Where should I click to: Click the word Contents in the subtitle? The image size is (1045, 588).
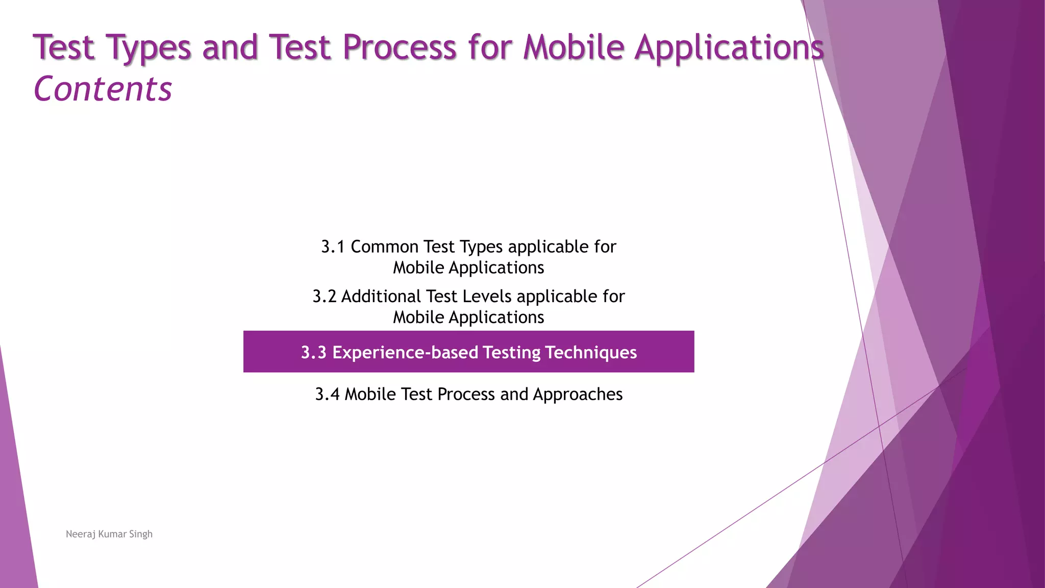point(103,89)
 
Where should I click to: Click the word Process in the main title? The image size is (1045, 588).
point(399,47)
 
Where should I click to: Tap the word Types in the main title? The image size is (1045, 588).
point(148,47)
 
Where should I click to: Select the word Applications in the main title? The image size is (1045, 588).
point(729,47)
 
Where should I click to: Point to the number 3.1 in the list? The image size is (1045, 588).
point(333,247)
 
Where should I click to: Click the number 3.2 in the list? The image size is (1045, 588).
point(324,297)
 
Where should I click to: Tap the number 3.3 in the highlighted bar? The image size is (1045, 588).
point(313,353)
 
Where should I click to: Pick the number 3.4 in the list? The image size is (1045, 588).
point(327,395)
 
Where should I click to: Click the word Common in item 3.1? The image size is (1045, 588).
point(385,247)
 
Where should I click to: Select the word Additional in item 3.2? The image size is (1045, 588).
point(381,297)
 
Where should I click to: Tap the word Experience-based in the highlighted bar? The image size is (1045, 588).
point(405,353)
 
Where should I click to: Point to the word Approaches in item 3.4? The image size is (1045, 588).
point(578,395)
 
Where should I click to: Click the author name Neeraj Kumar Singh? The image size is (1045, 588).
point(109,534)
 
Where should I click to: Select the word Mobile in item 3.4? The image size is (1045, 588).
point(370,395)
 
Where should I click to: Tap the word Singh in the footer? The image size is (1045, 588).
point(141,534)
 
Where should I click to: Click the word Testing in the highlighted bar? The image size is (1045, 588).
point(511,353)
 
